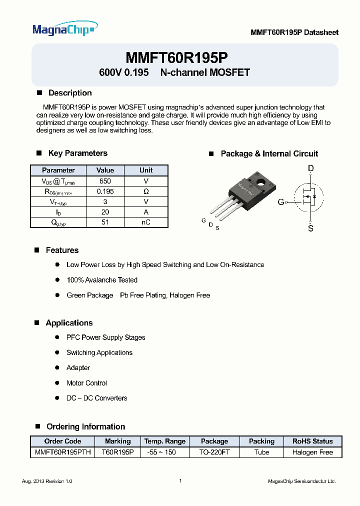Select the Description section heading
(x=69, y=93)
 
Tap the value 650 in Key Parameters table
(x=105, y=181)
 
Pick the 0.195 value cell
(x=105, y=191)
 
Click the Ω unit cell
(x=146, y=191)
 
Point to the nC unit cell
(x=146, y=222)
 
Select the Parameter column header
(x=58, y=170)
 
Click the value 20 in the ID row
(x=105, y=212)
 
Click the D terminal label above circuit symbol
(x=310, y=169)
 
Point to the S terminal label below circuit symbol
(x=310, y=228)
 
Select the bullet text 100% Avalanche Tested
(x=102, y=280)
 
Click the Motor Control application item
(x=86, y=383)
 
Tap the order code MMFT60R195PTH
(x=62, y=452)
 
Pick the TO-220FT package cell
(x=214, y=452)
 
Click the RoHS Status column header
(x=312, y=441)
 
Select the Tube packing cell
(x=261, y=452)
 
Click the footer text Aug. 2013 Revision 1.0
(x=47, y=481)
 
